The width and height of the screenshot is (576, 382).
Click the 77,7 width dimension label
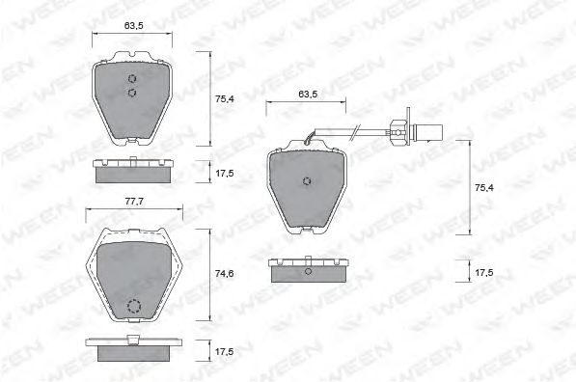(134, 202)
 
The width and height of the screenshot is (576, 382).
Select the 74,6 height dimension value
(225, 274)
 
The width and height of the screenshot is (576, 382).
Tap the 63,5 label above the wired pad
(308, 94)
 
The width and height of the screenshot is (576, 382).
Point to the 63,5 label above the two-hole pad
(134, 26)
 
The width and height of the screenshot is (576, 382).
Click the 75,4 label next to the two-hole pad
(225, 98)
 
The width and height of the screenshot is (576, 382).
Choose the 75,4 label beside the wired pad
(484, 188)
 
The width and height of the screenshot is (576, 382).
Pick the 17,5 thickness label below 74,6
(225, 351)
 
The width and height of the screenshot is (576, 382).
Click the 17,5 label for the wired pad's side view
(484, 273)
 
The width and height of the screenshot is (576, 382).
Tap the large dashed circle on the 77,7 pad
(134, 307)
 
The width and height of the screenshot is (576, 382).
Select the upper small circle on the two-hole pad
(132, 78)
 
